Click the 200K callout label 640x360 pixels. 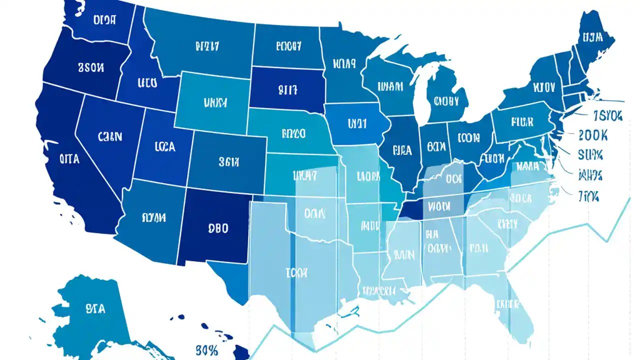[592, 135]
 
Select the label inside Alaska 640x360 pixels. [95, 308]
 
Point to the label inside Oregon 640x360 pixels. [91, 67]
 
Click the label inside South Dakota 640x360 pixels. [287, 90]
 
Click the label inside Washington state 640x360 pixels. [104, 20]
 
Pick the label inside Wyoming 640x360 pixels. [215, 103]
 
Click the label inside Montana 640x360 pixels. [207, 46]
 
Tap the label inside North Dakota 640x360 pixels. [288, 46]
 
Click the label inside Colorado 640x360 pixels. [229, 161]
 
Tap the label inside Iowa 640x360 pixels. [357, 122]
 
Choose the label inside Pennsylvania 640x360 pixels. [522, 121]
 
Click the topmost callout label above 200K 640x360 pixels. [607, 116]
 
